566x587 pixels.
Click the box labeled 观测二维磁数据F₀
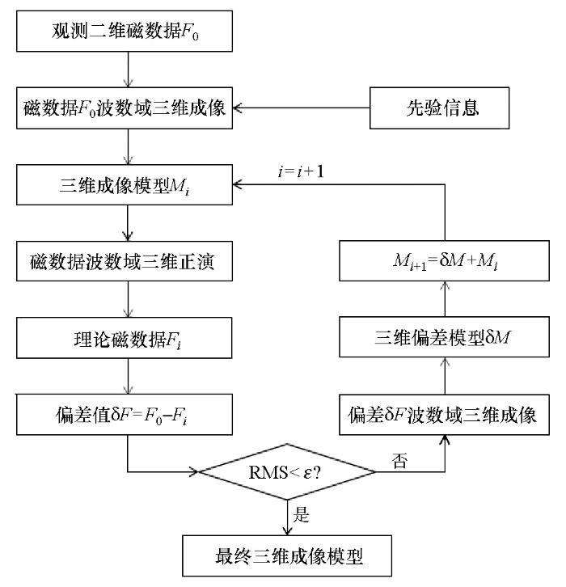coord(125,31)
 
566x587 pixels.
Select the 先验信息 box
coord(440,108)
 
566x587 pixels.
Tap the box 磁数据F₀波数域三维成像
coord(125,108)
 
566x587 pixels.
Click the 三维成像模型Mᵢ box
coord(125,185)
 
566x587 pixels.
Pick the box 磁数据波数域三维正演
coord(125,261)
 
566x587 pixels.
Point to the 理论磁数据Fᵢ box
coord(125,338)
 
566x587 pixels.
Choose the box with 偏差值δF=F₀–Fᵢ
coord(125,415)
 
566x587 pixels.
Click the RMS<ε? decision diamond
coord(287,472)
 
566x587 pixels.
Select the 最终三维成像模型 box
coord(287,555)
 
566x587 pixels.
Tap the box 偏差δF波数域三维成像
coord(445,415)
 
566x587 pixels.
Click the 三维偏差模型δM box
coord(445,337)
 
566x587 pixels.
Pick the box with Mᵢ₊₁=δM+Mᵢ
coord(445,261)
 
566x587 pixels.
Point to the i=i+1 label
coord(301,171)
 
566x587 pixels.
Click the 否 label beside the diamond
coord(399,461)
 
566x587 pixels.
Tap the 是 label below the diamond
coord(301,514)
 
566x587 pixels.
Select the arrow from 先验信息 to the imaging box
coord(302,108)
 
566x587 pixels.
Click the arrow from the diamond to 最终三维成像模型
coord(287,517)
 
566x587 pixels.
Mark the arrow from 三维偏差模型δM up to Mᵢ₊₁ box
coord(445,299)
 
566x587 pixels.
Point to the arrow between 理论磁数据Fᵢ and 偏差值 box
coord(128,376)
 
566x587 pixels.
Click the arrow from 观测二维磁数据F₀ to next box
coord(128,70)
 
